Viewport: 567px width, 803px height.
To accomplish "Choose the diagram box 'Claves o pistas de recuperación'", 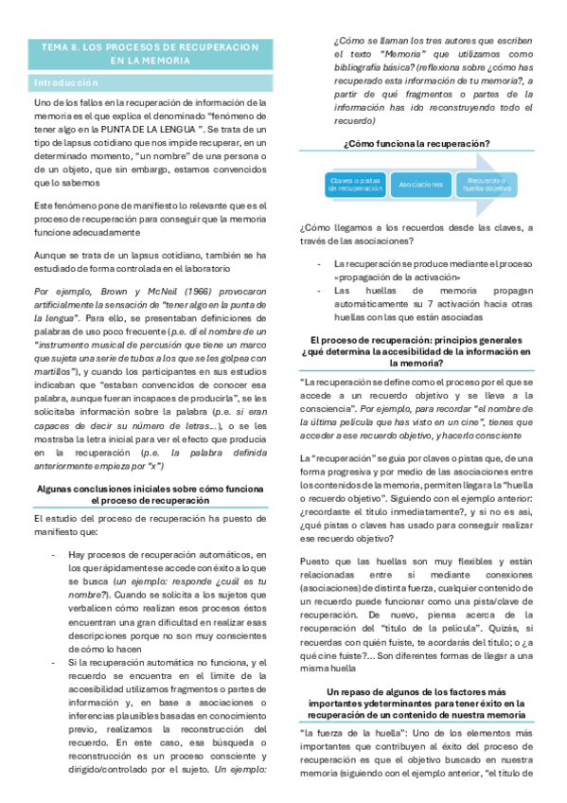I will pos(343,184).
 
